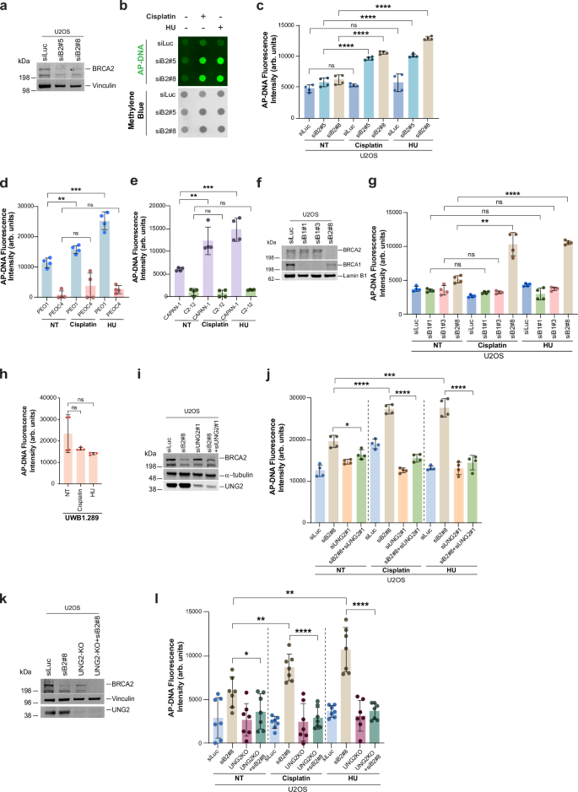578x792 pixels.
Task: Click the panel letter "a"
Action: coord(5,7)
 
